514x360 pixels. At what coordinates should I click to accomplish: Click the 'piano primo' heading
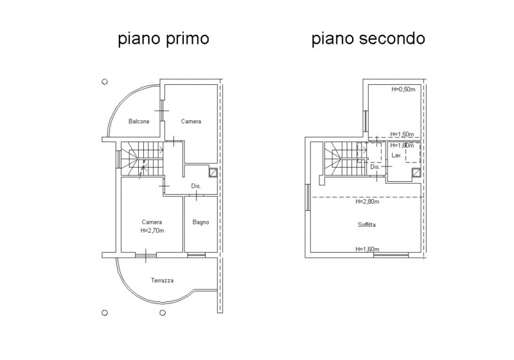(x=163, y=39)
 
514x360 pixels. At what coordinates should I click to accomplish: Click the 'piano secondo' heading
(x=368, y=39)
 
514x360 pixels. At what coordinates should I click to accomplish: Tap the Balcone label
(x=139, y=122)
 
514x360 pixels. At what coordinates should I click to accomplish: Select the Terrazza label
(x=163, y=280)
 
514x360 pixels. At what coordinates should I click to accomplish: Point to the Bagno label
(x=200, y=222)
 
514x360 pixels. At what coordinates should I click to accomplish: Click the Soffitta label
(x=366, y=225)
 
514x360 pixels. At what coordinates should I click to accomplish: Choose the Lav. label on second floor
(x=396, y=156)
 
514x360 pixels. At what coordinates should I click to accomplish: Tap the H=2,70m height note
(x=152, y=231)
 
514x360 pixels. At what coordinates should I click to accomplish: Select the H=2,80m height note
(x=367, y=202)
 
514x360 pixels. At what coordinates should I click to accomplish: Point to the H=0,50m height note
(x=403, y=89)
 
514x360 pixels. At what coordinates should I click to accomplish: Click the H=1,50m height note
(x=402, y=134)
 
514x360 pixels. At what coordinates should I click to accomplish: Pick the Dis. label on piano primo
(x=196, y=186)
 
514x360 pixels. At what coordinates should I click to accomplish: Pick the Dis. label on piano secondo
(x=375, y=167)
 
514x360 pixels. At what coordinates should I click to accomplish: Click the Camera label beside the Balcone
(x=191, y=122)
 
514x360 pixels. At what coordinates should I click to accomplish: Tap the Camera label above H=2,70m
(x=152, y=222)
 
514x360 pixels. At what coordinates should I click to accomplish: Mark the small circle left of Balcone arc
(x=105, y=82)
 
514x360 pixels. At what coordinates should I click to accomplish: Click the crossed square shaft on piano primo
(x=213, y=172)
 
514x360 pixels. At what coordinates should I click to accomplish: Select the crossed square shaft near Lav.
(x=416, y=172)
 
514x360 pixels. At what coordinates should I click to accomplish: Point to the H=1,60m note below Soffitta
(x=367, y=249)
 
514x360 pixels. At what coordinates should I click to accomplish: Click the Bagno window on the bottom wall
(x=196, y=255)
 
